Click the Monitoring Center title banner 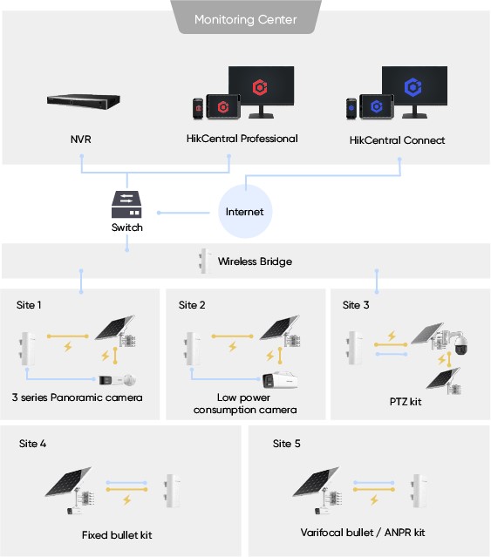tap(246, 17)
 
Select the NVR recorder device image tap(84, 102)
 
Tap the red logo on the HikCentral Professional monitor tap(260, 87)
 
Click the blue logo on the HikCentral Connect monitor tap(413, 87)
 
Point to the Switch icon tap(126, 204)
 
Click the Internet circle tap(245, 211)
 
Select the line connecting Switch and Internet tap(183, 213)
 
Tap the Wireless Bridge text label tap(255, 262)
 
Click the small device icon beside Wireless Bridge tap(204, 262)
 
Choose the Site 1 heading tap(29, 305)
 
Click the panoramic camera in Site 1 tap(118, 380)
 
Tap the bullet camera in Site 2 tap(280, 380)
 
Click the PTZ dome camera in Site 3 tap(460, 343)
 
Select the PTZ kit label tap(406, 402)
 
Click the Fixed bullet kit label tap(117, 535)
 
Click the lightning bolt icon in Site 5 tap(374, 500)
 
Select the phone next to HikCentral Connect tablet tap(351, 109)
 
